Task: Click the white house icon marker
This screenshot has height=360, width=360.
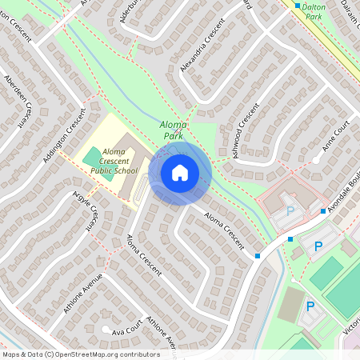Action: [x=180, y=172]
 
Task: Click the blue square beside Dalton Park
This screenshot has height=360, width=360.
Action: [x=297, y=6]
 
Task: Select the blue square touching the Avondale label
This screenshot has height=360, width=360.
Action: [x=323, y=211]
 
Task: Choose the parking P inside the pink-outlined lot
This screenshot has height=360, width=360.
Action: [x=290, y=212]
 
